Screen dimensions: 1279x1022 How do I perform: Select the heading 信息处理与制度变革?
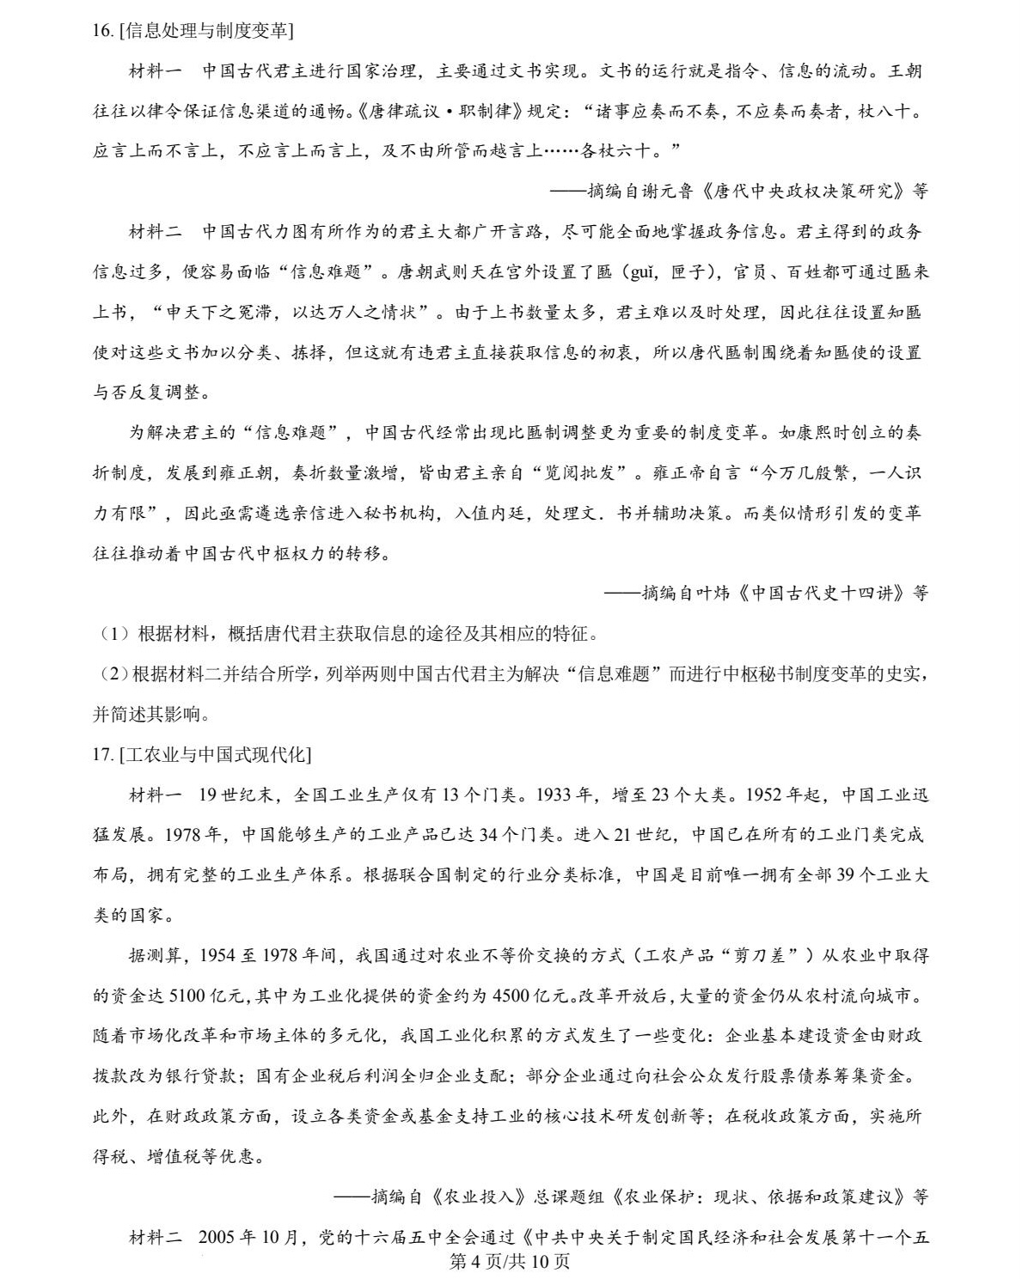208,31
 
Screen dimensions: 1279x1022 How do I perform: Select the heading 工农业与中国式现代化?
216,754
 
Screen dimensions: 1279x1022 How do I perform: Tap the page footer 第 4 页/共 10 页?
511,1261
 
